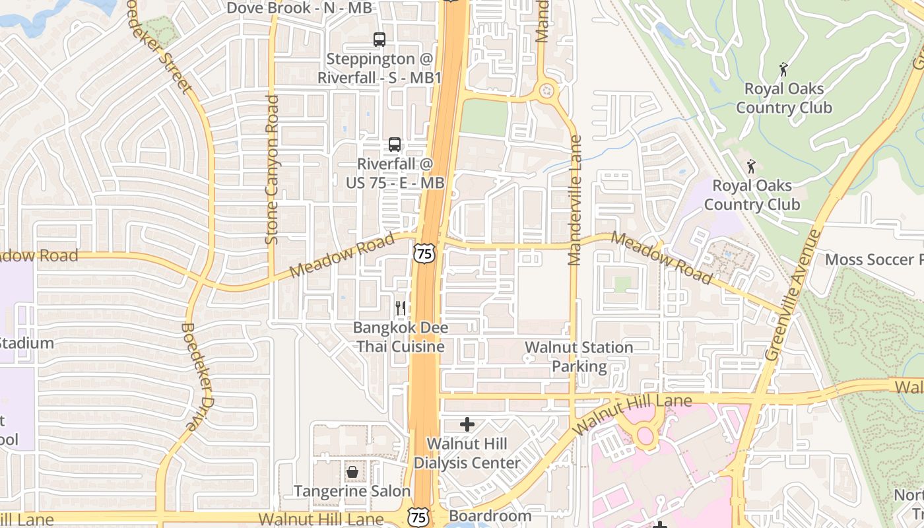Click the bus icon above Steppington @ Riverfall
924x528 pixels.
tap(379, 40)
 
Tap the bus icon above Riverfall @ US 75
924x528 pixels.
tap(394, 145)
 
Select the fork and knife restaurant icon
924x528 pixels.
tap(400, 308)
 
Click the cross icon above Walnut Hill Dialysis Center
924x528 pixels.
tap(467, 424)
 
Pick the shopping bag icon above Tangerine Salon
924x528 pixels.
tap(352, 472)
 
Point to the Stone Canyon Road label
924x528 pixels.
tap(272, 170)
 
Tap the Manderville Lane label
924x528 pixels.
tap(575, 201)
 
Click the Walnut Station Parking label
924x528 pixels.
tap(579, 356)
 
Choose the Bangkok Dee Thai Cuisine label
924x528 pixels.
tap(400, 337)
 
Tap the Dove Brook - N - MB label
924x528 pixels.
tap(299, 8)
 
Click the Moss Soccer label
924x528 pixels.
tap(873, 259)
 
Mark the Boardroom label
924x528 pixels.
tap(490, 515)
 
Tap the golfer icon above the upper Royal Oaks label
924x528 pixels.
tap(783, 69)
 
